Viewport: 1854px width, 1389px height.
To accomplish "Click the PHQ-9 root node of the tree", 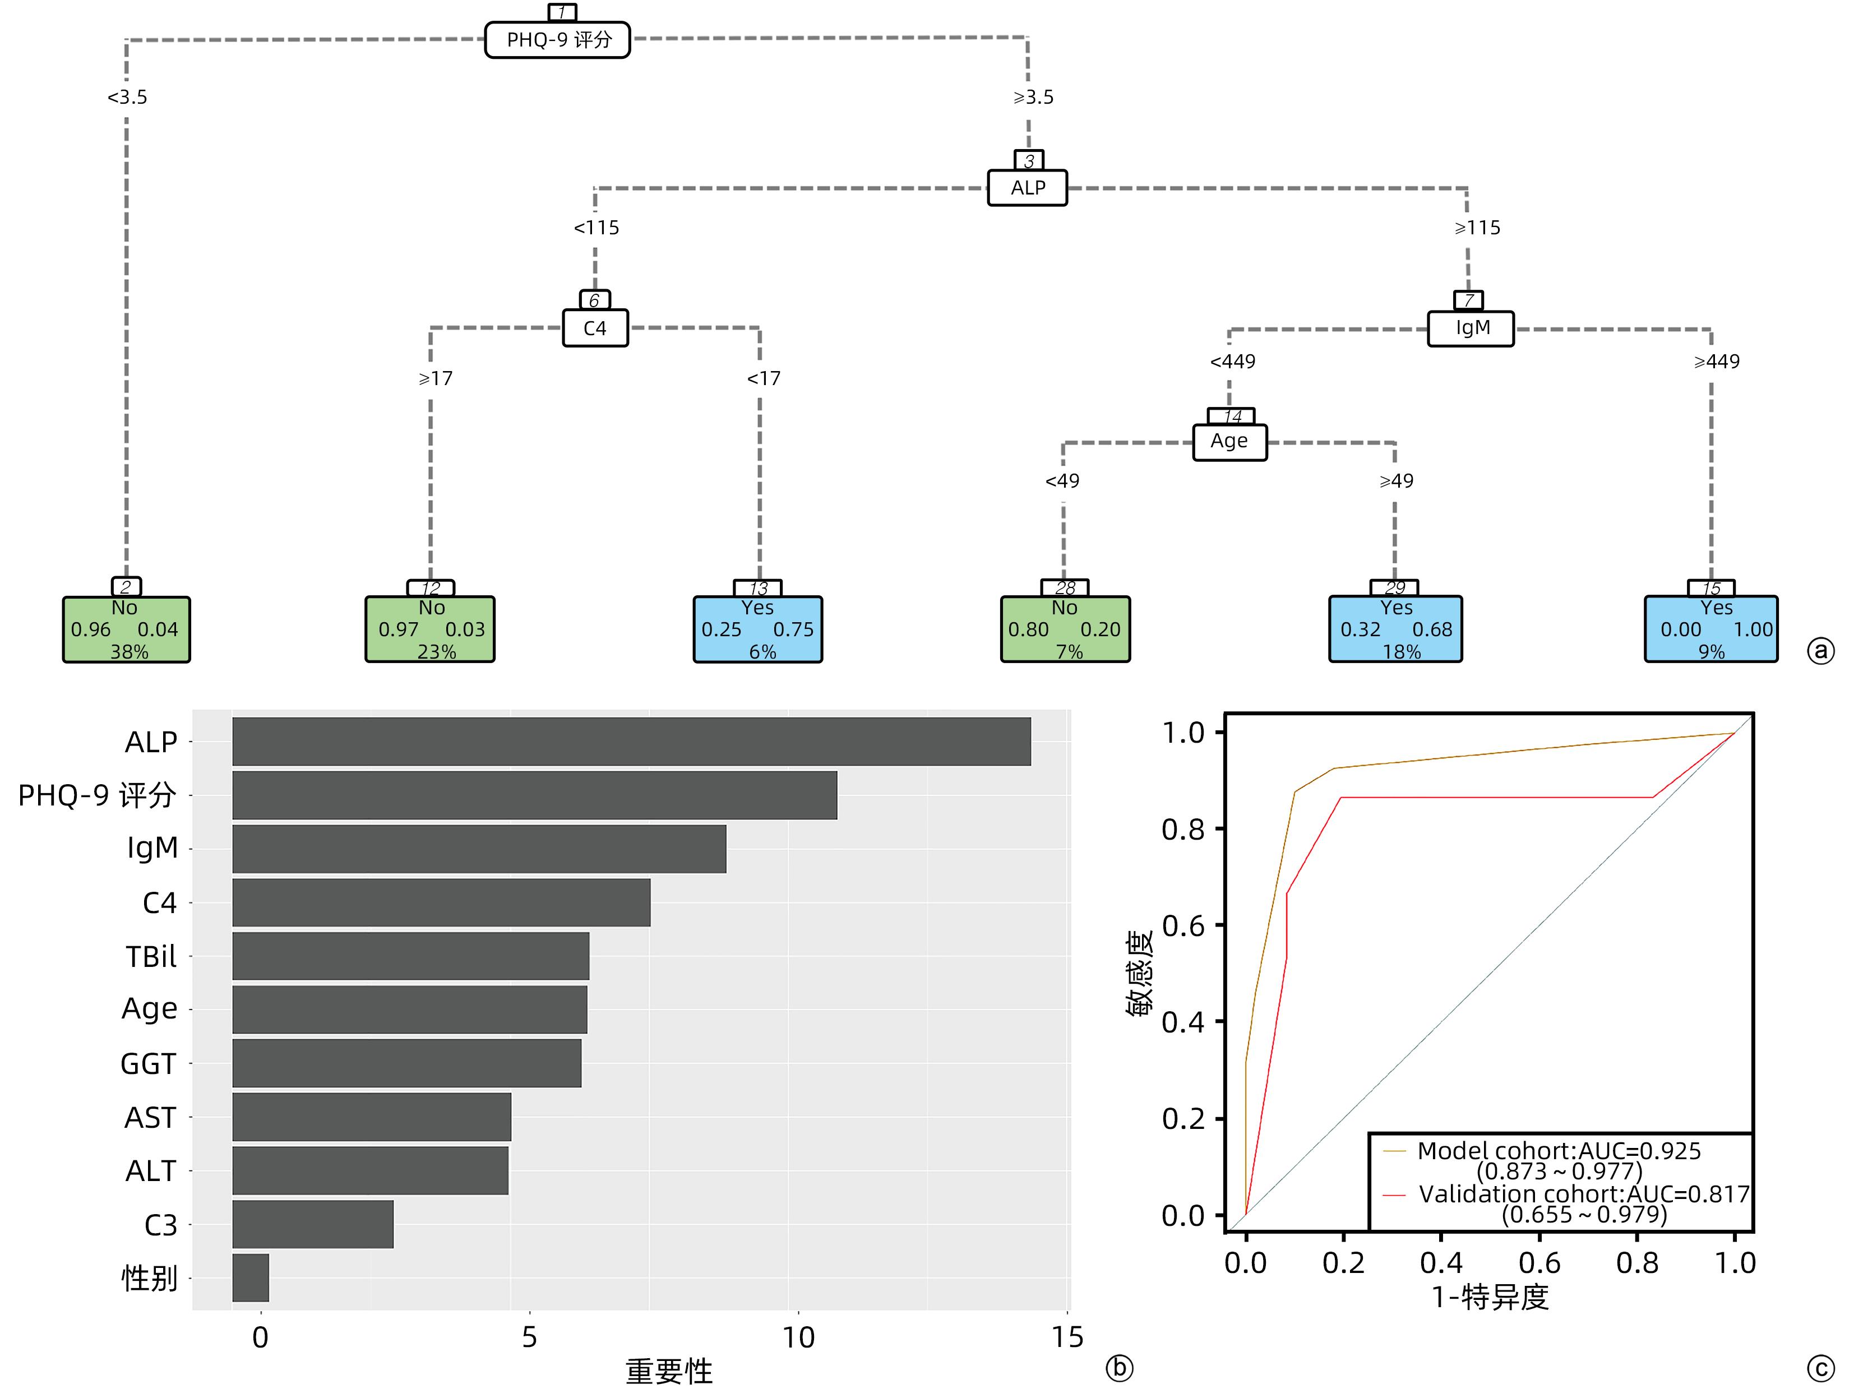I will click(x=557, y=39).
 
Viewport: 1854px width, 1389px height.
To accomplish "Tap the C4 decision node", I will click(x=594, y=328).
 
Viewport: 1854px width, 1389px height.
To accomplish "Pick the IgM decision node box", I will click(x=1471, y=328).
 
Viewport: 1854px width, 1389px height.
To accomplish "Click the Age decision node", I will click(x=1229, y=442).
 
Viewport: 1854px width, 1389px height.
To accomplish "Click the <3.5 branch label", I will click(x=127, y=97).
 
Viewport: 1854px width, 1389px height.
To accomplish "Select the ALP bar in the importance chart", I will click(x=631, y=741).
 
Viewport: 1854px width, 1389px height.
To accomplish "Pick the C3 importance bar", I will click(x=313, y=1224).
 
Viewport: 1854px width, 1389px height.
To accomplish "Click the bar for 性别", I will click(x=251, y=1277).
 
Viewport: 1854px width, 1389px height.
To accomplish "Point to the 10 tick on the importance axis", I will click(x=798, y=1337).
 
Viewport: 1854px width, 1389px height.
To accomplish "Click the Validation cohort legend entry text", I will click(x=1583, y=1194).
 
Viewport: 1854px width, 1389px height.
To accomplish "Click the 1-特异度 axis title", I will click(x=1490, y=1297).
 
